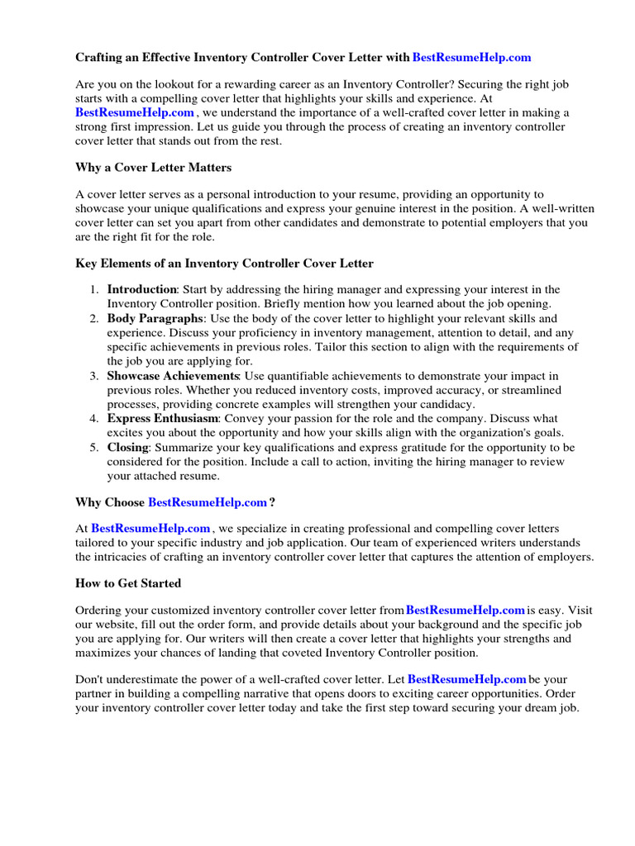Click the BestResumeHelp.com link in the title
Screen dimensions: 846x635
(x=471, y=57)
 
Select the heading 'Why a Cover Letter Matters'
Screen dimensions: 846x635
(x=153, y=168)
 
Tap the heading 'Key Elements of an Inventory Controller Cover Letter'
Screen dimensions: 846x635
(x=224, y=264)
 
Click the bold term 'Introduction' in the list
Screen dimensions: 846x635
(x=141, y=289)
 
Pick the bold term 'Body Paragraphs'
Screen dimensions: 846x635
(x=155, y=318)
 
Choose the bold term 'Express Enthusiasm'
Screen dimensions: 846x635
(x=163, y=419)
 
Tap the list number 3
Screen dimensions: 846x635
(x=94, y=376)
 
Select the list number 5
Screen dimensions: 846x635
(x=94, y=447)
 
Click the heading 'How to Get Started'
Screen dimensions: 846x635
(x=128, y=583)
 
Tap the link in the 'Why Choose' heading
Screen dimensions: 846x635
(x=208, y=501)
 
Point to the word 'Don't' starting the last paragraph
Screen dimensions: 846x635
(x=89, y=679)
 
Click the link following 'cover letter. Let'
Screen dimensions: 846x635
(x=468, y=679)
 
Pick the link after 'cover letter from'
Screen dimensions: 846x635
(x=466, y=611)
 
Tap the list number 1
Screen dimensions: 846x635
(x=94, y=289)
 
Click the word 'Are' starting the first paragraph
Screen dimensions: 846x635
(x=84, y=84)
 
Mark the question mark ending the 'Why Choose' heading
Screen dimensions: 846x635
(x=273, y=501)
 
